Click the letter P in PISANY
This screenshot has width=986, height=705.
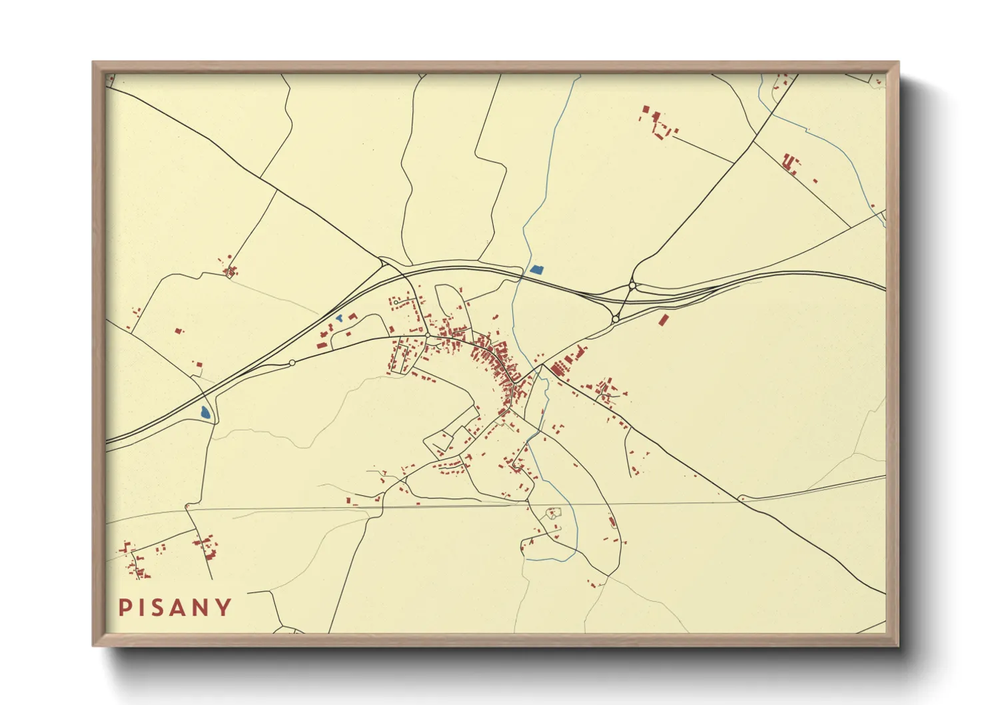(x=124, y=607)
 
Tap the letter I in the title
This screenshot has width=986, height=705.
(x=141, y=607)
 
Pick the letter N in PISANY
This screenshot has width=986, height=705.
(x=203, y=607)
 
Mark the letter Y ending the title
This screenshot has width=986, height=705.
(x=225, y=607)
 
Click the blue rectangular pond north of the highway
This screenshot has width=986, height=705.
(x=537, y=270)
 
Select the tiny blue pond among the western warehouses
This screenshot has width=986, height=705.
(x=339, y=319)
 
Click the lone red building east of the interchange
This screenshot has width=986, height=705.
(x=663, y=320)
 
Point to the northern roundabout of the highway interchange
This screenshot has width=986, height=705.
(x=632, y=287)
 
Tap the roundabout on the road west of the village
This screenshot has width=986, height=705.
(x=292, y=362)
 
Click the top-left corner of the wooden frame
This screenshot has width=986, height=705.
(x=93, y=63)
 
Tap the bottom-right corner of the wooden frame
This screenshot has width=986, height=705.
(x=898, y=645)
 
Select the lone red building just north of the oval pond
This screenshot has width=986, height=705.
(x=197, y=364)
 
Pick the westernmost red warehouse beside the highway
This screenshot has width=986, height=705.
(x=320, y=346)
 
